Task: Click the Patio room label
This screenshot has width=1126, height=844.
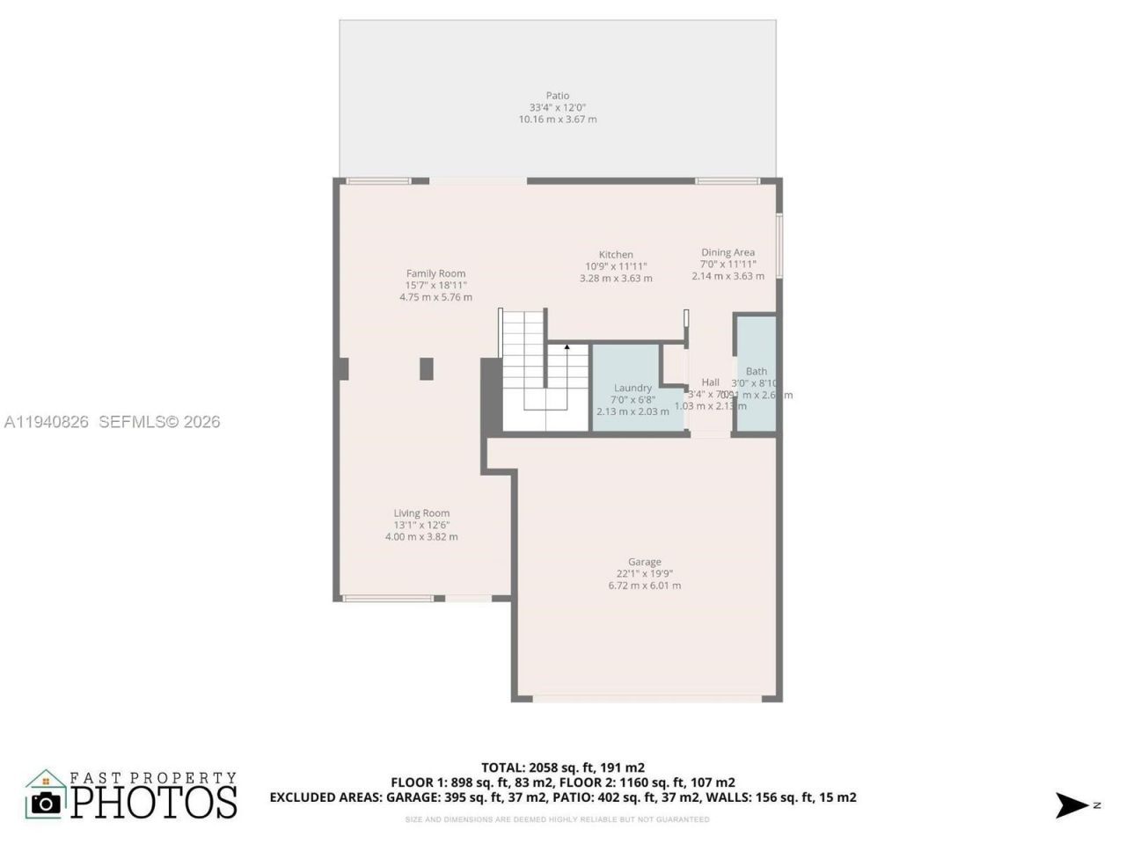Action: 557,96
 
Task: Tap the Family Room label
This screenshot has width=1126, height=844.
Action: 435,273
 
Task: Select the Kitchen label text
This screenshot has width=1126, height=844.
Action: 616,255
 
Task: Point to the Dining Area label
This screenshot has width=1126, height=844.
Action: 728,252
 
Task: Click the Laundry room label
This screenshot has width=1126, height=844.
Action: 632,388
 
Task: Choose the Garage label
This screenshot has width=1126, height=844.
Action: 644,562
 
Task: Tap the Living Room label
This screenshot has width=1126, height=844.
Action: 421,513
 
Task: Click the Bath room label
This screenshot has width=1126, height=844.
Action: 756,372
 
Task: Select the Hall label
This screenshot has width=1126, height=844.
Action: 710,382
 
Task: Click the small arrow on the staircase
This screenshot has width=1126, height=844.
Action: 567,347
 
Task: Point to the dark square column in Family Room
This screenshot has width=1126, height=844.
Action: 426,368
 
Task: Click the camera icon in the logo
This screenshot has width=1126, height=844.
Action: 46,802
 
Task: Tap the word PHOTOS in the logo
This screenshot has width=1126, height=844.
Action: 154,801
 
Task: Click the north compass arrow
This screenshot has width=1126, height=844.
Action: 1072,804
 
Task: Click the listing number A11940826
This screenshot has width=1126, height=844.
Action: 47,422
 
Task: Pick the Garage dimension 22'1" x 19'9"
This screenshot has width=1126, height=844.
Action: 644,574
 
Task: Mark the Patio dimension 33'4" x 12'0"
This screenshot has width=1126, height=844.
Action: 557,107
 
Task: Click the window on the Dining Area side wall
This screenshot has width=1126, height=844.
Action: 779,245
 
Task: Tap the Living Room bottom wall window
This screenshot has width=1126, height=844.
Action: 388,599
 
